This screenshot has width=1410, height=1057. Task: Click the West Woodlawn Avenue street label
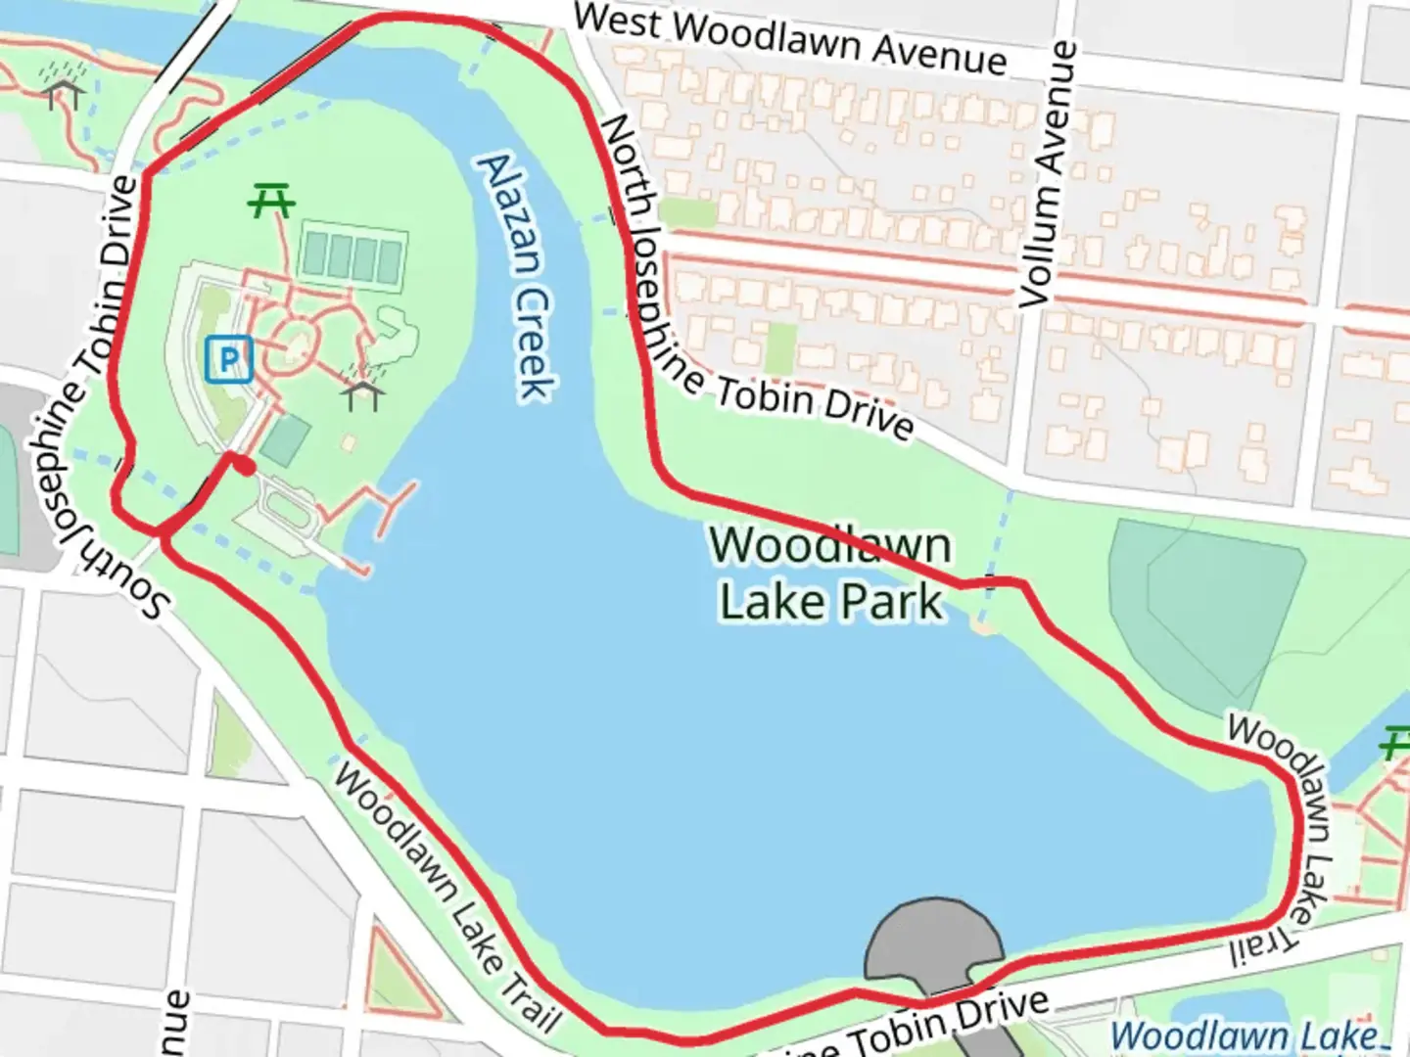tap(789, 40)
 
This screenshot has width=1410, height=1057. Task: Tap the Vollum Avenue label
tap(1048, 176)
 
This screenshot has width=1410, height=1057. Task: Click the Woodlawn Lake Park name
tap(830, 574)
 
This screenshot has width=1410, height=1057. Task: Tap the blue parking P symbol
tap(229, 359)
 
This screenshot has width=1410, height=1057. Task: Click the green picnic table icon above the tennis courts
tap(271, 202)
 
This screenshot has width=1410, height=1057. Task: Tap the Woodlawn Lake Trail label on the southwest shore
tap(446, 896)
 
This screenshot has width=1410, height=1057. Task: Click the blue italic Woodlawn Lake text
tap(1249, 1035)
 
